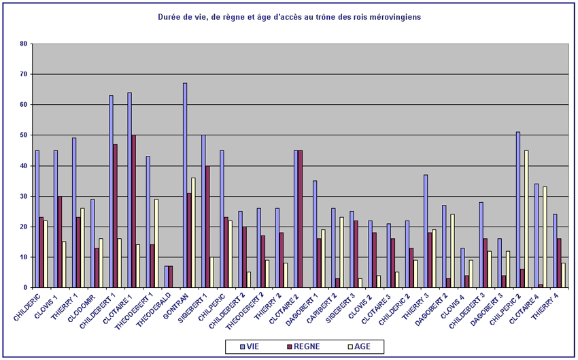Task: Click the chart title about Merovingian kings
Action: click(x=289, y=16)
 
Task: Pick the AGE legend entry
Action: click(x=358, y=346)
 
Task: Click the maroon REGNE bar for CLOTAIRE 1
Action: click(x=134, y=211)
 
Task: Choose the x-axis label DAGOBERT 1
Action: click(x=306, y=310)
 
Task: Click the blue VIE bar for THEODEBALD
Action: click(x=167, y=277)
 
